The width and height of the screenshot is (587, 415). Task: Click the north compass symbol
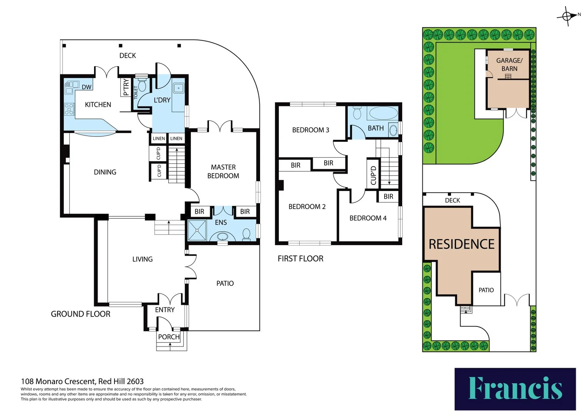coord(568,16)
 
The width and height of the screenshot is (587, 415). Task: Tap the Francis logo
coord(515,388)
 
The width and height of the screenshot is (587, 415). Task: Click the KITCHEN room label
coord(98,105)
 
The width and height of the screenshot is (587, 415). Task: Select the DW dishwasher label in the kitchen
coord(86,87)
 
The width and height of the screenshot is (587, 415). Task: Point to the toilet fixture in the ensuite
coord(247,233)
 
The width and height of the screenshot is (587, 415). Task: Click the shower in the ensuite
coord(197,230)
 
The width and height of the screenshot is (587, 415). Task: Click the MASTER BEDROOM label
coord(223,171)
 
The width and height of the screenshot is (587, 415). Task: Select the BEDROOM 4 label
coord(368,218)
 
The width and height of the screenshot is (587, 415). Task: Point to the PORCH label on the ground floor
coord(169,337)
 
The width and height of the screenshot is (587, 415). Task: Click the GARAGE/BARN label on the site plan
coord(509,65)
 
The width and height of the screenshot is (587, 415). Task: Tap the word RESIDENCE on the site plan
coord(461,244)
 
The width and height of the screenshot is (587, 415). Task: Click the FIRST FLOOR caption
coord(300,259)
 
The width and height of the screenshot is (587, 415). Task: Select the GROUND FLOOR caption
coord(81,314)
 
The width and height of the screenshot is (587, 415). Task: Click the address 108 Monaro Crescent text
coord(82,381)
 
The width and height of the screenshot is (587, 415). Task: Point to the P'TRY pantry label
coord(126,87)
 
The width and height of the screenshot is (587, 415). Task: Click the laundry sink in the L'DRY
coord(178,88)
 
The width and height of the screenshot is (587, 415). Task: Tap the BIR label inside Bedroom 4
coord(388,196)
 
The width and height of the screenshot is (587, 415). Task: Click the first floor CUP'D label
coord(373,175)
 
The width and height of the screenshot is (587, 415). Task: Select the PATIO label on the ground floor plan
coord(225,283)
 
